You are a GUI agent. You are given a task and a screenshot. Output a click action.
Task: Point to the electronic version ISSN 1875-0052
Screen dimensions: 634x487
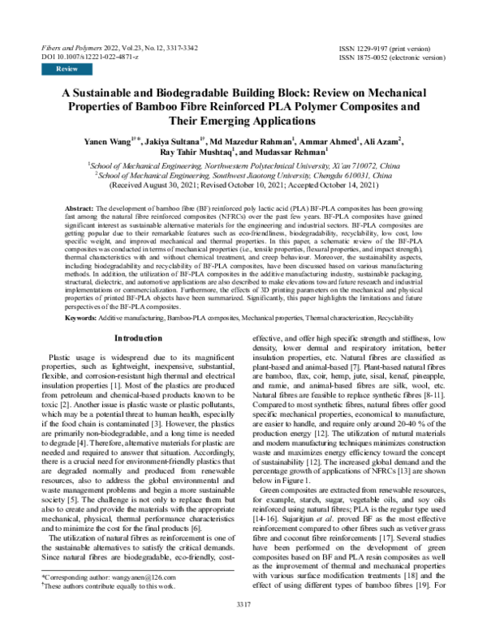pos(397,58)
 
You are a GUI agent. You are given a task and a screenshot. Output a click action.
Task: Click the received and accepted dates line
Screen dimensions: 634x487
pos(243,185)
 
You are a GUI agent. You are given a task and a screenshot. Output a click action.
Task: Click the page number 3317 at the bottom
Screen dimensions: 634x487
pos(243,627)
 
